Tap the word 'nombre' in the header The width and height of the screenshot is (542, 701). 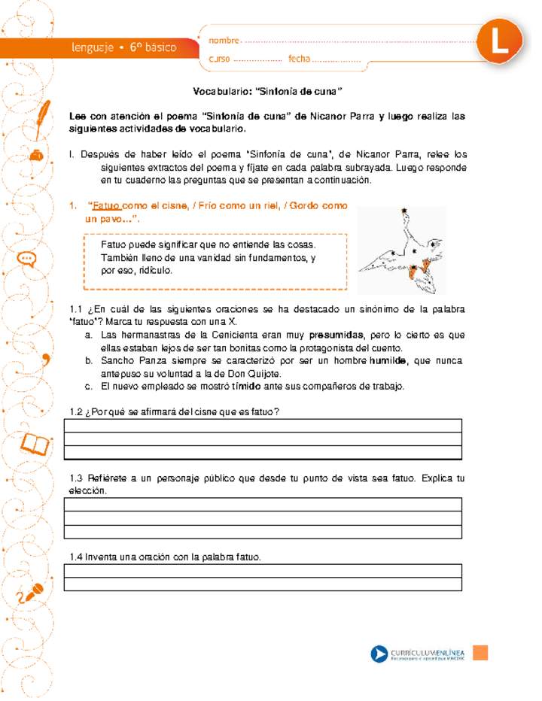pyautogui.click(x=224, y=40)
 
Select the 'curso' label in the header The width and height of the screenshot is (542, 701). pyautogui.click(x=219, y=59)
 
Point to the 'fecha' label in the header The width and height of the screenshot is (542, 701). pyautogui.click(x=299, y=59)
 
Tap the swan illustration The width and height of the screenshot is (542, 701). pyautogui.click(x=401, y=250)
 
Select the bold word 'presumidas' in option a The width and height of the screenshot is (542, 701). pyautogui.click(x=336, y=335)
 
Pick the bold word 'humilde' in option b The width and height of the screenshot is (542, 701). pyautogui.click(x=388, y=361)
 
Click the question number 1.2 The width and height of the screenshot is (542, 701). pyautogui.click(x=75, y=411)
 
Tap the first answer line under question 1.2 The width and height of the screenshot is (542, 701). pyautogui.click(x=263, y=426)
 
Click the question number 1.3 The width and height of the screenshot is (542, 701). pyautogui.click(x=75, y=478)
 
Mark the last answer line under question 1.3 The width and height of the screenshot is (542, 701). pyautogui.click(x=263, y=532)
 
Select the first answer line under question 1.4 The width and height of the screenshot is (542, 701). pyautogui.click(x=263, y=571)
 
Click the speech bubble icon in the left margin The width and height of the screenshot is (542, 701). pyautogui.click(x=27, y=259)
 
